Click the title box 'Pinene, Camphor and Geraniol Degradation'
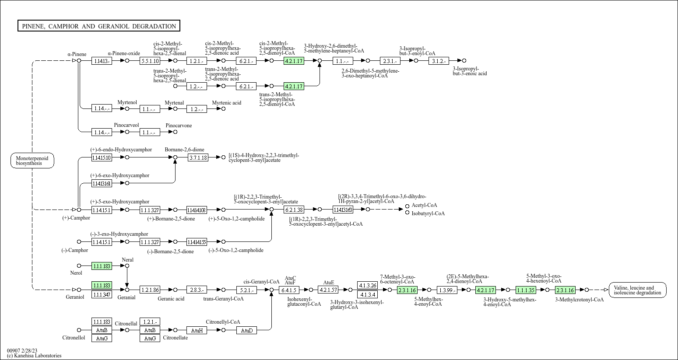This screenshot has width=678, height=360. click(x=98, y=26)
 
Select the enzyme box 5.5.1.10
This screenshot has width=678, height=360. click(x=150, y=61)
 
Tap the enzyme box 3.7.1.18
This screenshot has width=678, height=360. click(x=198, y=157)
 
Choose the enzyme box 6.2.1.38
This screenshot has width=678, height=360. click(x=294, y=210)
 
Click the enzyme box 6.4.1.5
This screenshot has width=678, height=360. click(x=289, y=290)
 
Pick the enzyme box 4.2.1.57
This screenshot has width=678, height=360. click(x=328, y=290)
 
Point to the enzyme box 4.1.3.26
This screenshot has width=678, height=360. click(x=367, y=285)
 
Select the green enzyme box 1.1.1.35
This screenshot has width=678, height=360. click(x=525, y=290)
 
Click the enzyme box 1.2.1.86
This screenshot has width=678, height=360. click(x=150, y=290)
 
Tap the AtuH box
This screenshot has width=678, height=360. click(x=197, y=330)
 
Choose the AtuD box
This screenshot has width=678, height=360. click(x=247, y=330)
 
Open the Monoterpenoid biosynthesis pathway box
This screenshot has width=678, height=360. click(x=32, y=161)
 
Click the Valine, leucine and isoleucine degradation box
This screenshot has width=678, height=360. click(x=637, y=290)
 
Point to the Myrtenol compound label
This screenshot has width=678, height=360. click(x=127, y=102)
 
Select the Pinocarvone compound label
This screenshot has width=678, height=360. click(x=179, y=126)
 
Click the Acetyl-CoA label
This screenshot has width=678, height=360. click(x=424, y=205)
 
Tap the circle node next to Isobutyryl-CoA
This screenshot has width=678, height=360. click(x=408, y=213)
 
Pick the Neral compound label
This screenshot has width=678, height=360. click(x=127, y=260)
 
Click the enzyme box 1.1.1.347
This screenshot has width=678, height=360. click(x=102, y=295)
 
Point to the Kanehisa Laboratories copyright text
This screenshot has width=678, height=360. click(x=34, y=356)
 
